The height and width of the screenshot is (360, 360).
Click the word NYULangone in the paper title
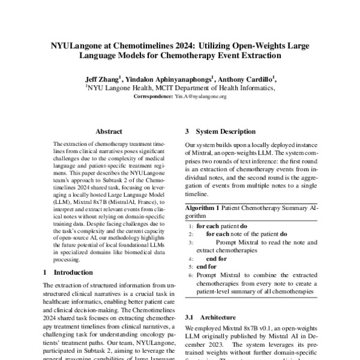[79, 45]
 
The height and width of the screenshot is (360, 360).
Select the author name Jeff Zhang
[101, 77]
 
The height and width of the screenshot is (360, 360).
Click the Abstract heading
[109, 131]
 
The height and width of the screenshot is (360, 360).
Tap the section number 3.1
[190, 316]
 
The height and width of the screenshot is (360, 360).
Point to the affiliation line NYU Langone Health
[180, 87]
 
